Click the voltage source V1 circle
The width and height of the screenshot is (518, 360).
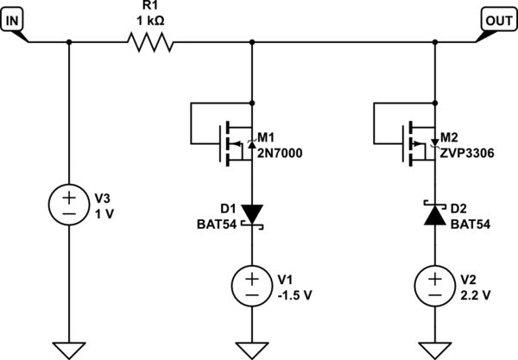click(x=251, y=284)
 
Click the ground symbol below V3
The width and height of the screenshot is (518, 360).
click(x=67, y=349)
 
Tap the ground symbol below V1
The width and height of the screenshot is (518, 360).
click(x=251, y=349)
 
